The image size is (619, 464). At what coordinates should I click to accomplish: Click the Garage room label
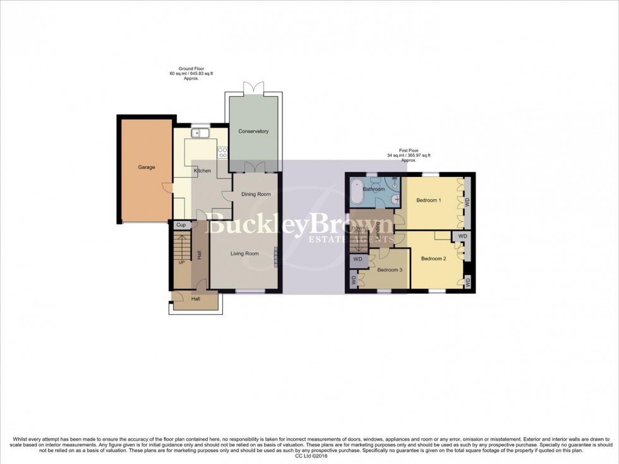click(147, 167)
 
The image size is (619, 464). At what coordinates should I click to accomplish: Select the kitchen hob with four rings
click(222, 152)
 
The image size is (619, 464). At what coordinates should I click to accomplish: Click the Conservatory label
click(253, 131)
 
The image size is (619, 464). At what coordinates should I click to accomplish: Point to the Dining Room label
click(256, 194)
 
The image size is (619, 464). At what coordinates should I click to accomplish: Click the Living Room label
click(244, 253)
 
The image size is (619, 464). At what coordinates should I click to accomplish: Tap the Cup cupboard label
click(181, 225)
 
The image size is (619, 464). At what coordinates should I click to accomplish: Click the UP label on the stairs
click(182, 262)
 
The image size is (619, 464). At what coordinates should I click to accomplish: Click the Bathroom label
click(374, 189)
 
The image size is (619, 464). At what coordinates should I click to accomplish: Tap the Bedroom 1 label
click(429, 200)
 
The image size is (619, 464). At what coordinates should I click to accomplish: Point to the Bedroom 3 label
click(390, 270)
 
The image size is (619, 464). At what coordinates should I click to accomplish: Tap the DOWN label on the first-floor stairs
click(359, 228)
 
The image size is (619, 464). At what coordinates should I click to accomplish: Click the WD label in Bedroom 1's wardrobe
click(467, 202)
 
